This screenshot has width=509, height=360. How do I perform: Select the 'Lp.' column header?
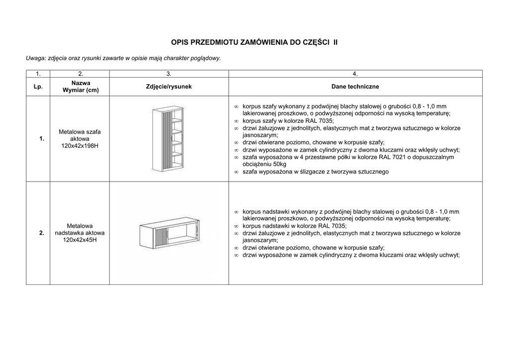pyautogui.click(x=38, y=87)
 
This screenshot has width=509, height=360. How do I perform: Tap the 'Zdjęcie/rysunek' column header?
pyautogui.click(x=169, y=87)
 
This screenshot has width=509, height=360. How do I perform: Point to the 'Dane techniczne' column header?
pyautogui.click(x=355, y=87)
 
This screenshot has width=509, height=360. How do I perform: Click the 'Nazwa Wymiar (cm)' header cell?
pyautogui.click(x=80, y=87)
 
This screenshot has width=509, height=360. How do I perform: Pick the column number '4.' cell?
pyautogui.click(x=355, y=74)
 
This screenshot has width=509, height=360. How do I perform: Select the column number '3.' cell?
pyautogui.click(x=169, y=74)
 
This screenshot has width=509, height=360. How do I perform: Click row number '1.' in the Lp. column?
pyautogui.click(x=42, y=139)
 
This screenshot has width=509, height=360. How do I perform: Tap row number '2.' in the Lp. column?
pyautogui.click(x=42, y=233)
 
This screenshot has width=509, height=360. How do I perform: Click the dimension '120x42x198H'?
pyautogui.click(x=80, y=146)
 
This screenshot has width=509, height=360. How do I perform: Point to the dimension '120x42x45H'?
pyautogui.click(x=80, y=240)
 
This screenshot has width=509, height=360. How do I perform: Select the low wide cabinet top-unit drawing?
pyautogui.click(x=169, y=233)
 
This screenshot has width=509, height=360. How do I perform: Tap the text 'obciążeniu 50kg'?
pyautogui.click(x=265, y=164)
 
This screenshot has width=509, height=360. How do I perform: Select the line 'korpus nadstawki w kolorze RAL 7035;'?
pyautogui.click(x=294, y=226)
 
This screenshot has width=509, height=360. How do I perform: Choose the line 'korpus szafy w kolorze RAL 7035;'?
pyautogui.click(x=288, y=121)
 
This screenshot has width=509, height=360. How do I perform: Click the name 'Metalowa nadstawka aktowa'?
pyautogui.click(x=80, y=229)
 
